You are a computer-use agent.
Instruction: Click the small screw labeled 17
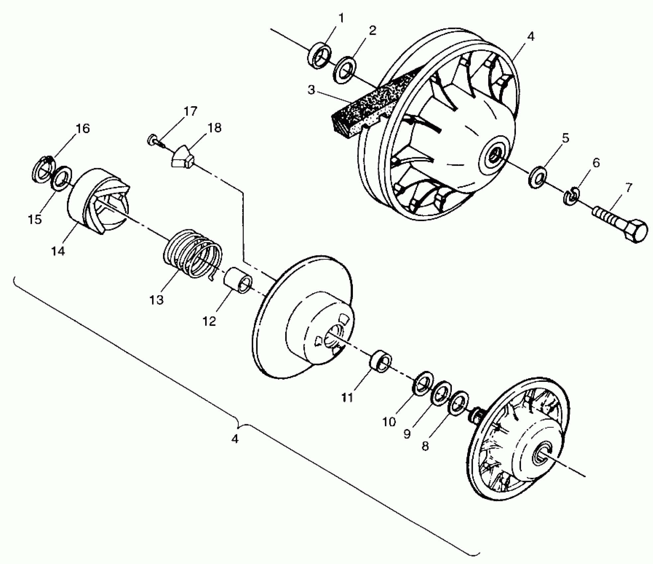[x=153, y=140]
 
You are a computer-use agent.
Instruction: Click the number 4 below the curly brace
[x=235, y=439]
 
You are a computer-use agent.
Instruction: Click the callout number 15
[x=35, y=219]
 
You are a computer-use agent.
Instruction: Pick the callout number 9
[x=407, y=434]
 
